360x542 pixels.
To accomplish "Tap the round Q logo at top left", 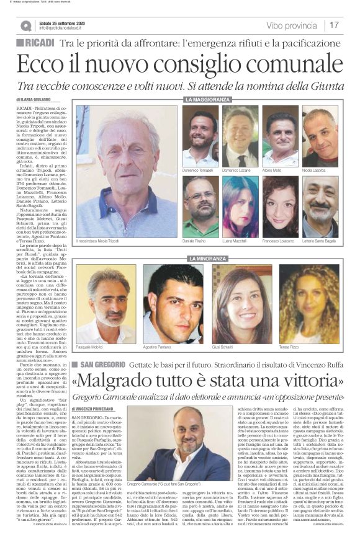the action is pos(25,25).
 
